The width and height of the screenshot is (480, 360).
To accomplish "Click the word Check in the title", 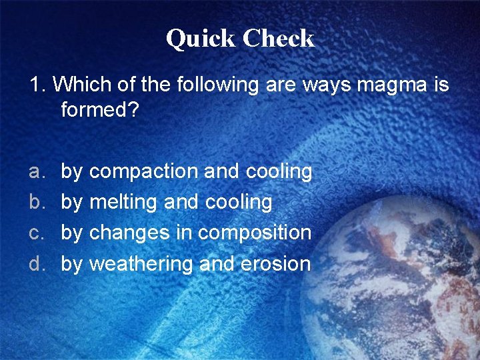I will pyautogui.click(x=278, y=38).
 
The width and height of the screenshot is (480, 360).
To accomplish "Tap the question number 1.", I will pyautogui.click(x=36, y=85).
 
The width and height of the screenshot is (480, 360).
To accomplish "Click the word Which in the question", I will pyautogui.click(x=74, y=85).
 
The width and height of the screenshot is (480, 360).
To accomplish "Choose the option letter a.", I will pyautogui.click(x=35, y=171).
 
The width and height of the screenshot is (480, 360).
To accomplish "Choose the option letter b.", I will pyautogui.click(x=35, y=202).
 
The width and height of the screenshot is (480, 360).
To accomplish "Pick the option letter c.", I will pyautogui.click(x=35, y=233).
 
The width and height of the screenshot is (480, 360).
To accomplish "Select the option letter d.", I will pyautogui.click(x=35, y=263).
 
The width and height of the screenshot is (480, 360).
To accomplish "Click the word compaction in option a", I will pyautogui.click(x=143, y=171).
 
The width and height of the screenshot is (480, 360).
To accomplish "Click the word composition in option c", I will pyautogui.click(x=255, y=234).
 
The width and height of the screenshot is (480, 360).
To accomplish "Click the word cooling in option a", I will pyautogui.click(x=279, y=172).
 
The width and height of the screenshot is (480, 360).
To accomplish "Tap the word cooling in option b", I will pyautogui.click(x=239, y=203).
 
